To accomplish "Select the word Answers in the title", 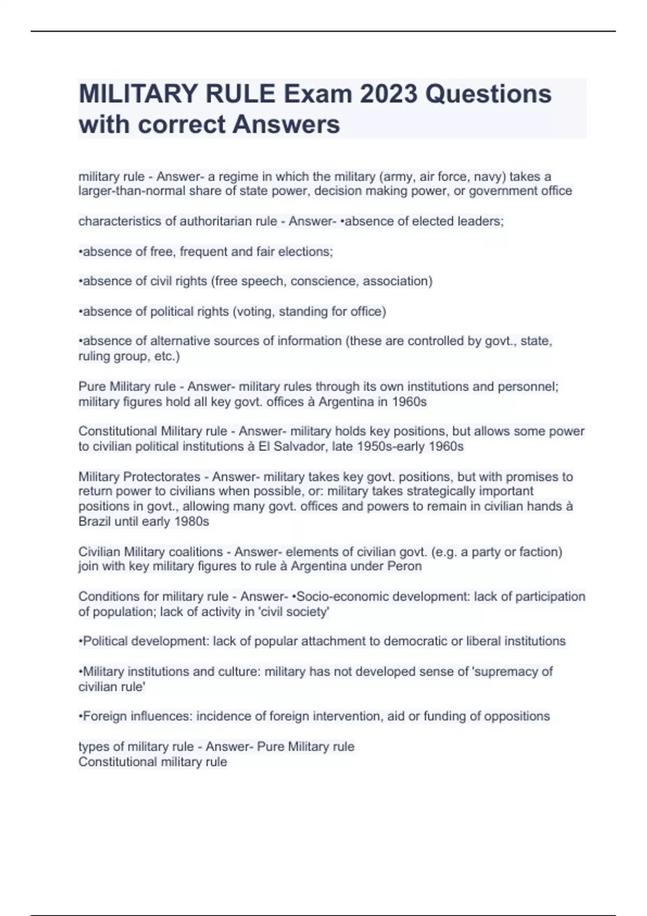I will point(286,124).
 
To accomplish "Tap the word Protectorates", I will point(162,477).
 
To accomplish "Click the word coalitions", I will point(196,552).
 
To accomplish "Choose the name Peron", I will point(404,566).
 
